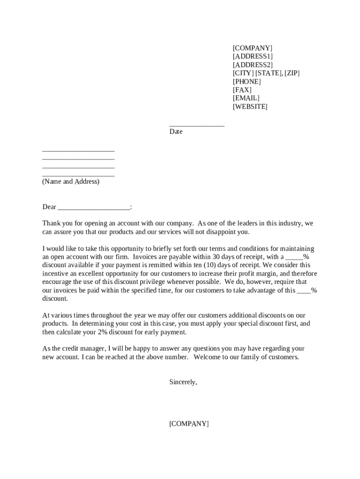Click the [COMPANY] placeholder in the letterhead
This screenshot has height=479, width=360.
click(252, 48)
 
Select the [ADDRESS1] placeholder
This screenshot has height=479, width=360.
click(252, 57)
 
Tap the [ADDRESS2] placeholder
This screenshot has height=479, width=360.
click(252, 65)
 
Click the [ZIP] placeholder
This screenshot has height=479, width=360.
click(292, 73)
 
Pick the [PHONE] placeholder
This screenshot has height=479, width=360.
click(246, 81)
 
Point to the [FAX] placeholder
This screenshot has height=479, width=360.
click(242, 90)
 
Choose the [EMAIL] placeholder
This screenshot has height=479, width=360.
click(246, 98)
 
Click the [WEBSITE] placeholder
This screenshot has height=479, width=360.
click(250, 107)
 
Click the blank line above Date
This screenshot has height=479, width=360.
click(197, 124)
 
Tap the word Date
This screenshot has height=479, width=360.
click(176, 132)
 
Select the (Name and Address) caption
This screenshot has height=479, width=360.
click(71, 181)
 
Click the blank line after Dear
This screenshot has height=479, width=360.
click(94, 207)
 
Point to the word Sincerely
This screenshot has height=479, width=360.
click(183, 382)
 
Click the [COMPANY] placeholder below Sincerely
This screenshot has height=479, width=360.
click(189, 424)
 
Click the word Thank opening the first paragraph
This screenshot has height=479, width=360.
click(51, 224)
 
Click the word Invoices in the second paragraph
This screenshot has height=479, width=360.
click(146, 257)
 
